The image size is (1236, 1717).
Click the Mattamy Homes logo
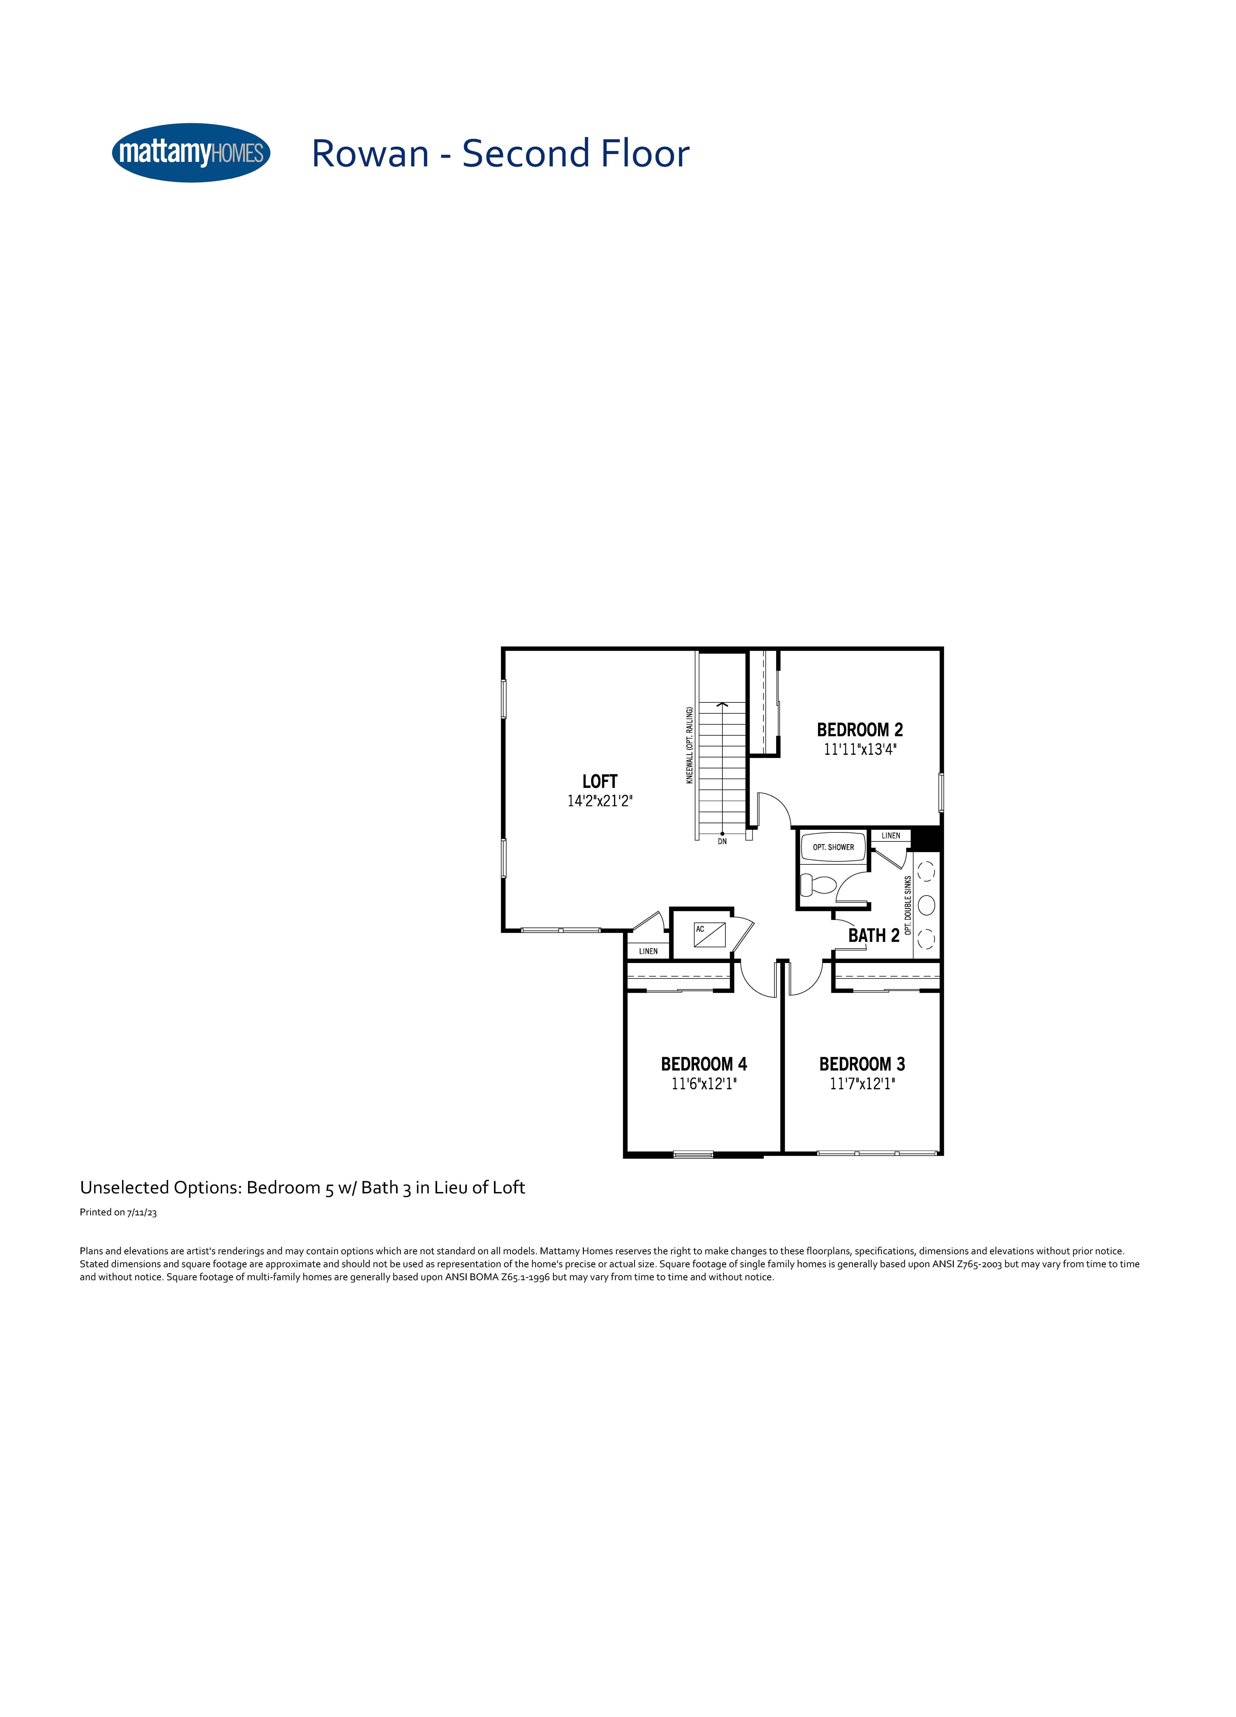coord(191,153)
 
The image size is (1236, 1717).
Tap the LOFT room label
coord(600,781)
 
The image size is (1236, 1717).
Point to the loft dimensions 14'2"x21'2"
coord(600,801)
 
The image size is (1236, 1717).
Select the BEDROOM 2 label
coord(860,730)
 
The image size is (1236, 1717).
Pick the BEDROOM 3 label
coord(862,1064)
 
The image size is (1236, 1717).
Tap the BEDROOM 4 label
coord(704,1064)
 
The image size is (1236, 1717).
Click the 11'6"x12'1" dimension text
coord(704,1083)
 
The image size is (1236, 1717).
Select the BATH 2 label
coord(873,935)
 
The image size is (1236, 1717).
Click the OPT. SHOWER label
coord(833,847)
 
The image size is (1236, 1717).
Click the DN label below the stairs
coord(722,841)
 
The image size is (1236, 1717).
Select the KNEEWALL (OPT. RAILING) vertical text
coord(689,745)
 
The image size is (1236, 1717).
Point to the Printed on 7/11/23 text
coord(118,1212)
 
